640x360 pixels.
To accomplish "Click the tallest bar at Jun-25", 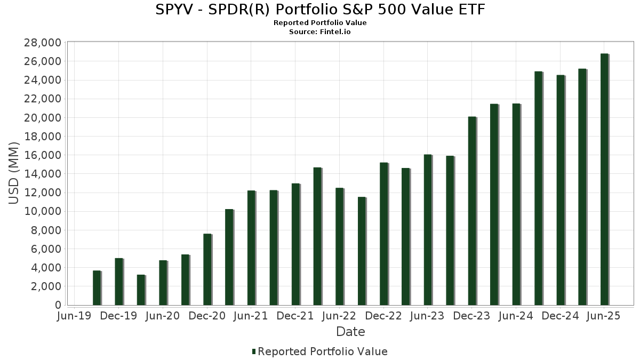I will coord(604,179).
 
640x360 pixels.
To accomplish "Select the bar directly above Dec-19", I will coord(119,282).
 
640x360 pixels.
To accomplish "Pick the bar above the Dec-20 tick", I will coord(207,269).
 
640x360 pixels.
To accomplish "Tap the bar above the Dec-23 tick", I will coord(472,211).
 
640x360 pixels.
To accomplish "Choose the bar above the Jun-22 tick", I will coord(339,246).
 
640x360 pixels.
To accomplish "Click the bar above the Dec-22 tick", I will coord(383,234).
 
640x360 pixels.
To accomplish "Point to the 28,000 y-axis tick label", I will coord(41,43).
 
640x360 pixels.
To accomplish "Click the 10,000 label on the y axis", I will coord(41,211).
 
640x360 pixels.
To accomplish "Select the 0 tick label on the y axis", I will coord(57,305).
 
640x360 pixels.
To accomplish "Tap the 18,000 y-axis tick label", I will coord(41,137).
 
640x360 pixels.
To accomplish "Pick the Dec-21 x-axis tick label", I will coord(295,316).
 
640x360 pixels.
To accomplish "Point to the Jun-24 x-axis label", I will coord(516,316).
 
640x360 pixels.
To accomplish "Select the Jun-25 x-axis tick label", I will coord(604,316).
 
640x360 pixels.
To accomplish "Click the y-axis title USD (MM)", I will coord(14,173).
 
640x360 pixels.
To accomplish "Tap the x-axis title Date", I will coord(350,332).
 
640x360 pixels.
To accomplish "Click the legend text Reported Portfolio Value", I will coord(323,351).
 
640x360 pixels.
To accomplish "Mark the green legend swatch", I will coord(254,351).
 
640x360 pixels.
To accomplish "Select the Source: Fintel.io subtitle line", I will coord(320,32).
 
